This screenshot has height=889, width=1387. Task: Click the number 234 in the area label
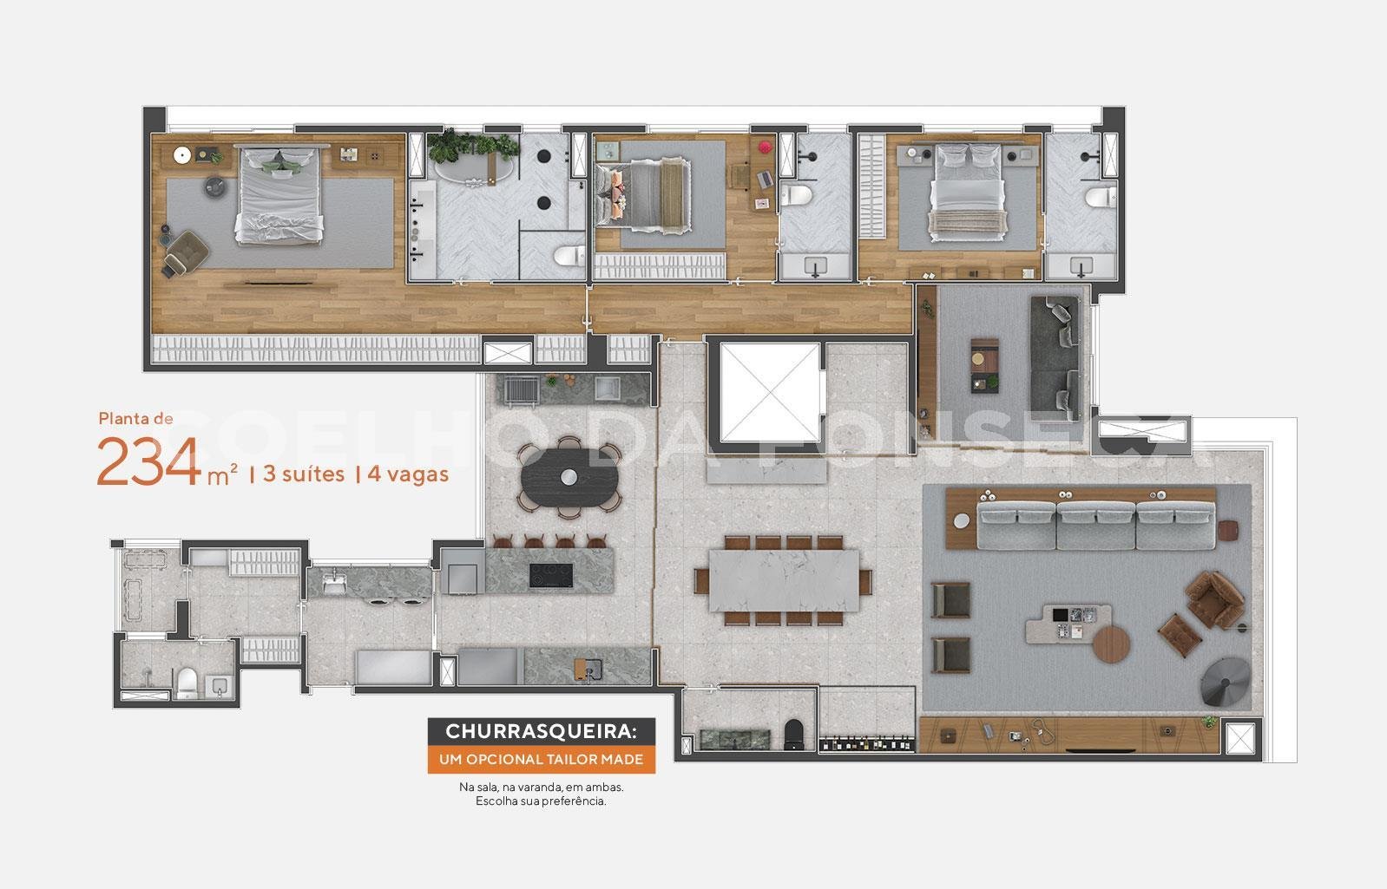[148, 461]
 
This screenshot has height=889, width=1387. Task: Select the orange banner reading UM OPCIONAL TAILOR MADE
[542, 760]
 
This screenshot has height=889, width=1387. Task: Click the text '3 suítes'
[304, 474]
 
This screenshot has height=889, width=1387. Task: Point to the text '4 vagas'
[408, 474]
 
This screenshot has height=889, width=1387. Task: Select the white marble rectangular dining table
[783, 581]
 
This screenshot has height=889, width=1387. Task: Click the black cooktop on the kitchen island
[550, 575]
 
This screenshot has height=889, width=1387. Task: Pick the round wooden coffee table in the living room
[1112, 644]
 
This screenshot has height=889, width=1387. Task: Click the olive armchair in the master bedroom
[187, 252]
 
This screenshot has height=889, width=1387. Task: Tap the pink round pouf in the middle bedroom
[766, 147]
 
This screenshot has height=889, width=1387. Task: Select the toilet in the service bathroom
[187, 683]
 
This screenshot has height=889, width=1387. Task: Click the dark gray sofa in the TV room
[1055, 357]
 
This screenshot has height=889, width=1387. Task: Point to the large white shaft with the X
[770, 393]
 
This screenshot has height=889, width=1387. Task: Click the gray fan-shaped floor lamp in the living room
[1226, 682]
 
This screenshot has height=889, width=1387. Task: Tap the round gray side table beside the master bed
[215, 186]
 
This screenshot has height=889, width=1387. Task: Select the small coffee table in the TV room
[984, 365]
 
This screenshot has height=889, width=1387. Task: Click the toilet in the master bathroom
[569, 255]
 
